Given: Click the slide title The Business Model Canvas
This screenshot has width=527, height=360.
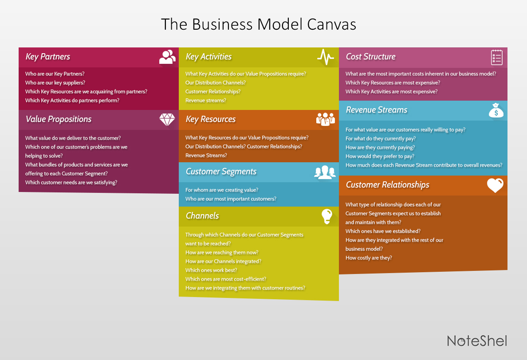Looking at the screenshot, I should (x=258, y=24).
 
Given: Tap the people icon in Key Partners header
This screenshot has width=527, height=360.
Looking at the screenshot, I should (x=167, y=57).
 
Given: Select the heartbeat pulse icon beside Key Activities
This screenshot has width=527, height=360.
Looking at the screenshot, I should (x=326, y=57).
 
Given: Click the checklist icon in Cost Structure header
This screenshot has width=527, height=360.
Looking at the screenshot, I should (x=496, y=57).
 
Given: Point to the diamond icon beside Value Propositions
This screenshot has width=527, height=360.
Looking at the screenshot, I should (x=167, y=119).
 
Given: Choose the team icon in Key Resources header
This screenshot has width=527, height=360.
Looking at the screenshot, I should (x=326, y=119).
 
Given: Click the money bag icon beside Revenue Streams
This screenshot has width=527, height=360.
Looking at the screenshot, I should (x=496, y=110).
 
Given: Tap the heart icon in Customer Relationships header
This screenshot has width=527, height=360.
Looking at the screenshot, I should (x=495, y=185).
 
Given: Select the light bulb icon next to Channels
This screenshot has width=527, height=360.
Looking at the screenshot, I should (x=326, y=216).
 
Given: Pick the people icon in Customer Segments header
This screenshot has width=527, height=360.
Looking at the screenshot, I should (x=325, y=172).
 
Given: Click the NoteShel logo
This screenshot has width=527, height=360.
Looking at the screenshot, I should (x=476, y=340).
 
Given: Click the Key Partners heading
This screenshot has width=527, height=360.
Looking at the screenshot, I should (x=48, y=57).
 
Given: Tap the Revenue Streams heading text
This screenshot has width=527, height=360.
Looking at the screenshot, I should (x=376, y=110).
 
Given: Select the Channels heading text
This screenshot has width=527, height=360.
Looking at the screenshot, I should (x=202, y=216).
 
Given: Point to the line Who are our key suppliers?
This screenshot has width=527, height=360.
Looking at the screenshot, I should (x=55, y=82).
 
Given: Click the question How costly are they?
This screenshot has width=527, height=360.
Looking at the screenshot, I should (x=369, y=258).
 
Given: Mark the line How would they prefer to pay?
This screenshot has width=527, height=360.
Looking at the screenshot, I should (x=380, y=156).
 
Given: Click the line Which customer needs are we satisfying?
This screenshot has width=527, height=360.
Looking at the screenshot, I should (x=71, y=182).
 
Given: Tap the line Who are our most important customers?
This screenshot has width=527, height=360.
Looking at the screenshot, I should (x=231, y=199).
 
